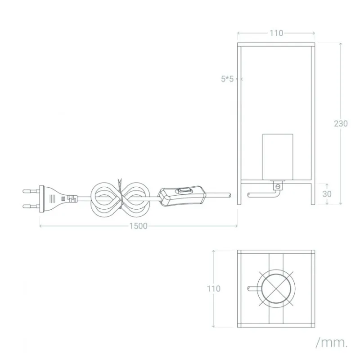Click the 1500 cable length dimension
click(138, 226)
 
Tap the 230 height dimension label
click(341, 123)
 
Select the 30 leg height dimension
click(327, 194)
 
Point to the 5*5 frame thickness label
click(227, 79)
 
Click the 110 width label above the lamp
click(276, 33)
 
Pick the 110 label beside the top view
click(213, 288)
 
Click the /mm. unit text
click(332, 343)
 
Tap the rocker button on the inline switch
click(183, 190)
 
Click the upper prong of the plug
click(31, 191)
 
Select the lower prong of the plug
click(31, 207)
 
